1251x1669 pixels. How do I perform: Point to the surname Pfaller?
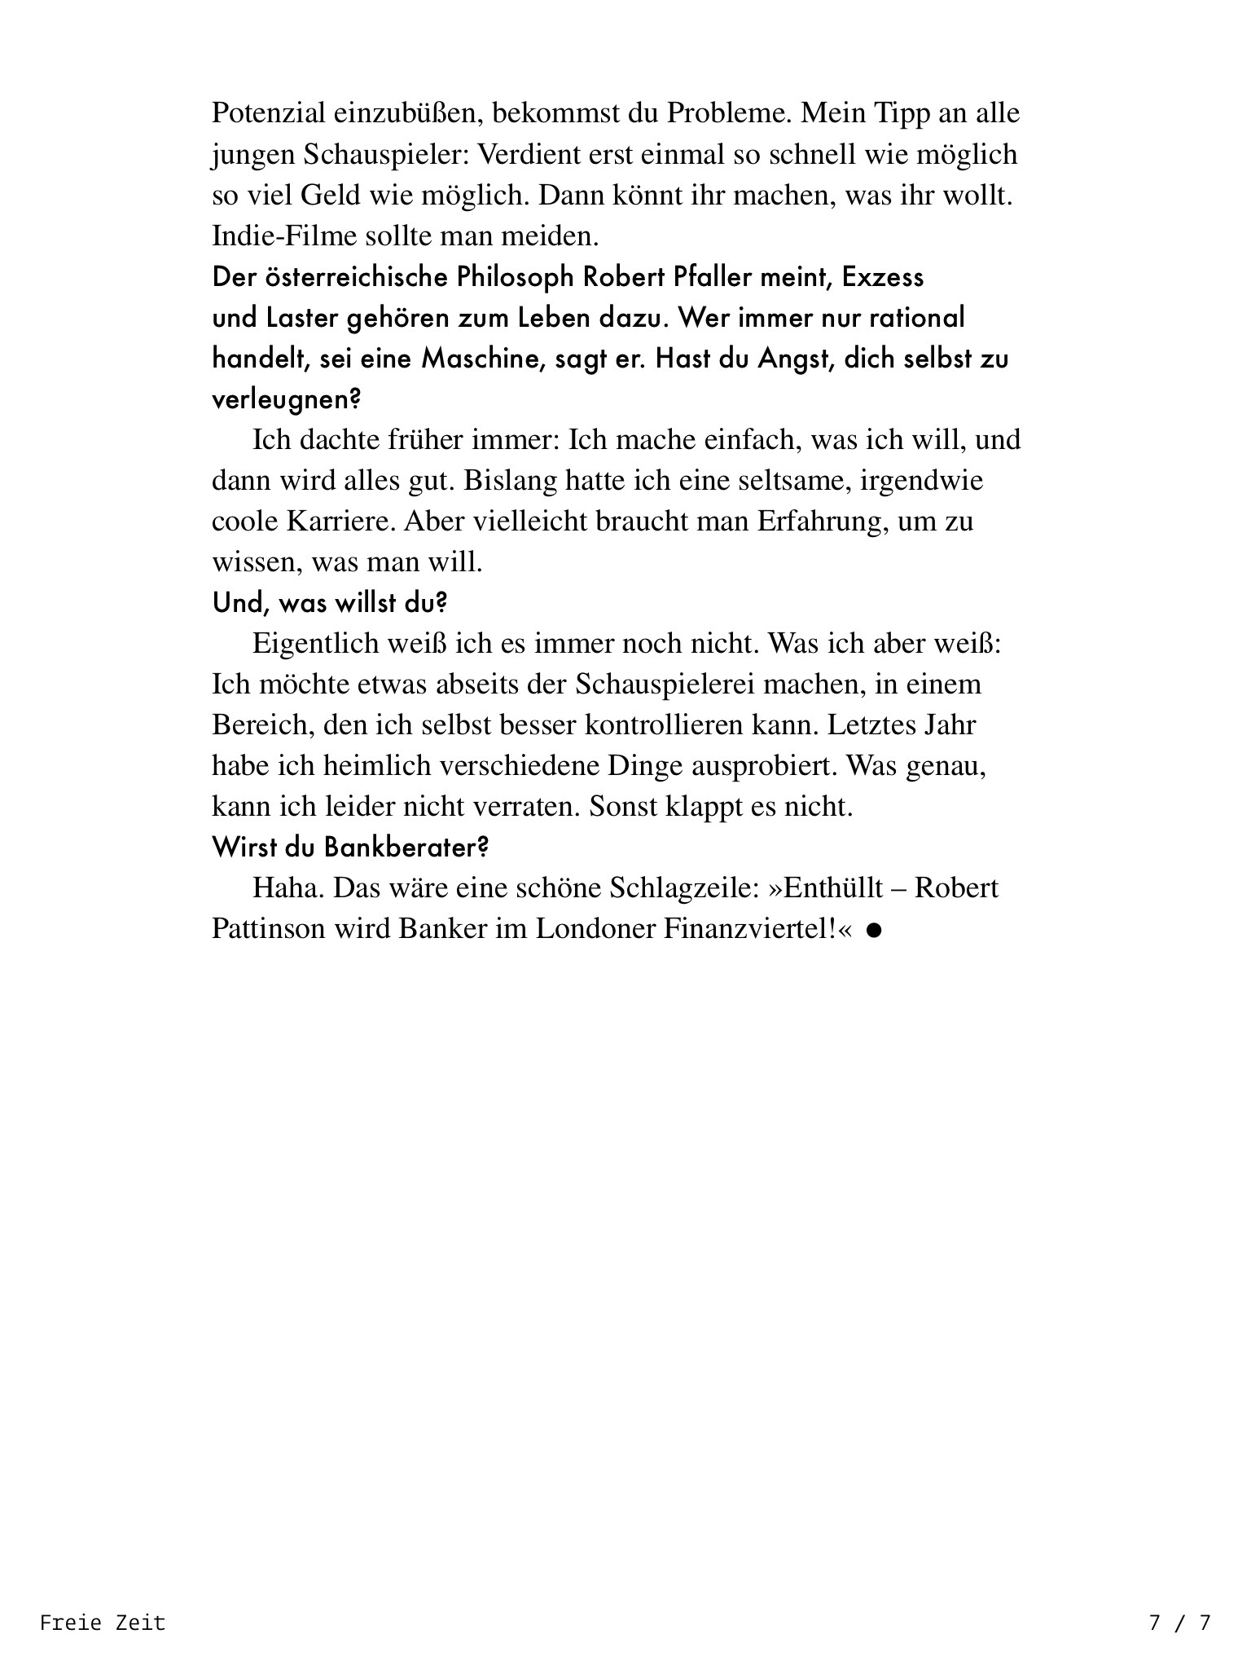pyautogui.click(x=713, y=277)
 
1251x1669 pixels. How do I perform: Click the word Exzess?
pyautogui.click(x=883, y=277)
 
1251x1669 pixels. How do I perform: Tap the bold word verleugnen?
pyautogui.click(x=287, y=399)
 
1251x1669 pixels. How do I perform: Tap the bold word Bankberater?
pyautogui.click(x=406, y=847)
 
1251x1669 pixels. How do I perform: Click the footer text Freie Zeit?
pyautogui.click(x=103, y=1623)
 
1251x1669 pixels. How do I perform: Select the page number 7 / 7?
pyautogui.click(x=1179, y=1623)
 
